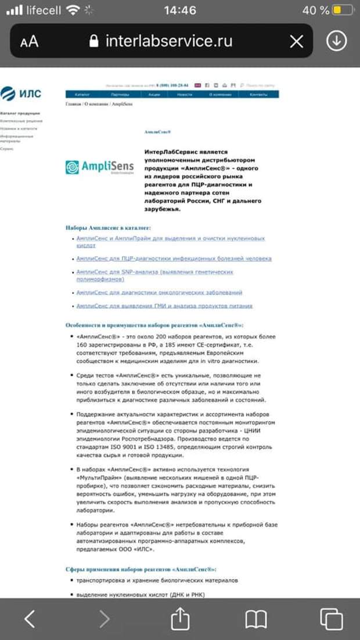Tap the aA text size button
29,41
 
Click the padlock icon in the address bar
94,41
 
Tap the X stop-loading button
297,41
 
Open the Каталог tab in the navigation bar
82,94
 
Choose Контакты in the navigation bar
258,94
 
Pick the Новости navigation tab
185,94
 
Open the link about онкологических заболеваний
159,293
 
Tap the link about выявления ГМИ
164,306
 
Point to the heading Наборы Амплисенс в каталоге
108,228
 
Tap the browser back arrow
30,619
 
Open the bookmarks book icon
256,619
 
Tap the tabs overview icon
332,619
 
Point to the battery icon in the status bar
345,10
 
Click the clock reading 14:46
180,10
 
